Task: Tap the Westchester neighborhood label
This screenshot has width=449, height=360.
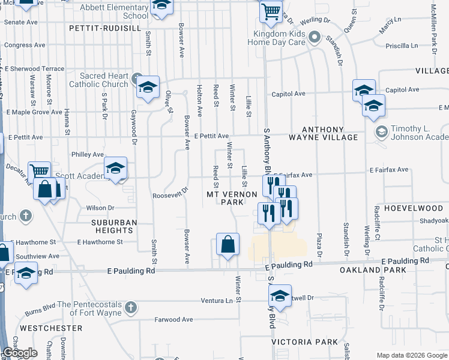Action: click(51, 328)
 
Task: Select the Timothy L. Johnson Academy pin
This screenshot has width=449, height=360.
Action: click(380, 131)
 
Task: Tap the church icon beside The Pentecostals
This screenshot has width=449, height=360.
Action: click(132, 308)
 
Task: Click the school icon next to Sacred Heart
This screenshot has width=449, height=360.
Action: click(147, 87)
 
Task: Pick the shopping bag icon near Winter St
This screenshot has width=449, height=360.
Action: click(228, 244)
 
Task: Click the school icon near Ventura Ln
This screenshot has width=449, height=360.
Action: click(280, 296)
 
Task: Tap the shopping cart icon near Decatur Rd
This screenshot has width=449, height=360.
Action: click(40, 172)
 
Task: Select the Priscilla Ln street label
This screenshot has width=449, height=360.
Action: click(402, 46)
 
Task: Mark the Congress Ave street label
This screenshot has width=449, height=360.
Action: click(25, 45)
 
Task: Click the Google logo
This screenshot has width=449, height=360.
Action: click(20, 353)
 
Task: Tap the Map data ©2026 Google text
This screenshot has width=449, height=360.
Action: click(411, 355)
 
